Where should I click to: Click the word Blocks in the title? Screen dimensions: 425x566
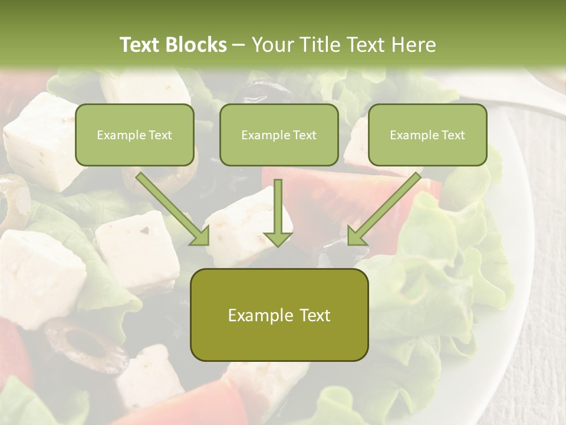point(197,45)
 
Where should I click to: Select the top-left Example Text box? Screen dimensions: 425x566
point(134,135)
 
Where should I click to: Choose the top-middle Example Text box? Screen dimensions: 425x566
point(279,135)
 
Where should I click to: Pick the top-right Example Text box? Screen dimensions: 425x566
point(427,135)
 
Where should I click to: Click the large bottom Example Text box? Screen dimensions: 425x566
point(279,315)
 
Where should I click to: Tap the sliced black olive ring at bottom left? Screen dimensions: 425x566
point(85,345)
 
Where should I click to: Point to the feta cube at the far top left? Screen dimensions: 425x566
point(38,139)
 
